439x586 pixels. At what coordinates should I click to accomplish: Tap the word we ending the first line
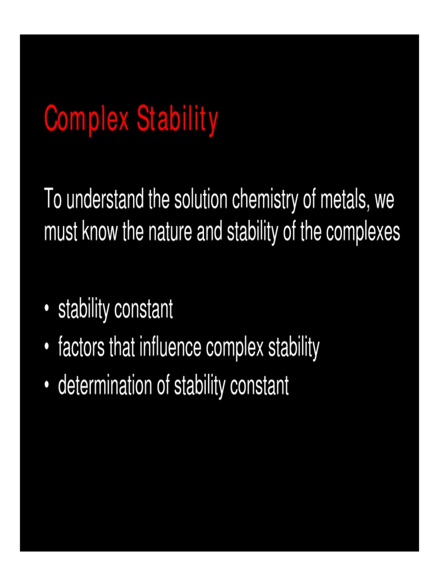(384, 202)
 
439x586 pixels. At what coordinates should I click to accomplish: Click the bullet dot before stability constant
(46, 311)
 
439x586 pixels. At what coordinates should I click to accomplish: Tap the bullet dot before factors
(46, 349)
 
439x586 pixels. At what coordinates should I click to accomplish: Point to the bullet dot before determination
(46, 387)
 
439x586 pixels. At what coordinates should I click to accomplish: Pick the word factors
(81, 348)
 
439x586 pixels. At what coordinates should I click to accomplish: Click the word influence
(168, 348)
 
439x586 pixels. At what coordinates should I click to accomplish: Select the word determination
(106, 386)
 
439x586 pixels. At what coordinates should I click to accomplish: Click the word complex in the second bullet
(236, 348)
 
